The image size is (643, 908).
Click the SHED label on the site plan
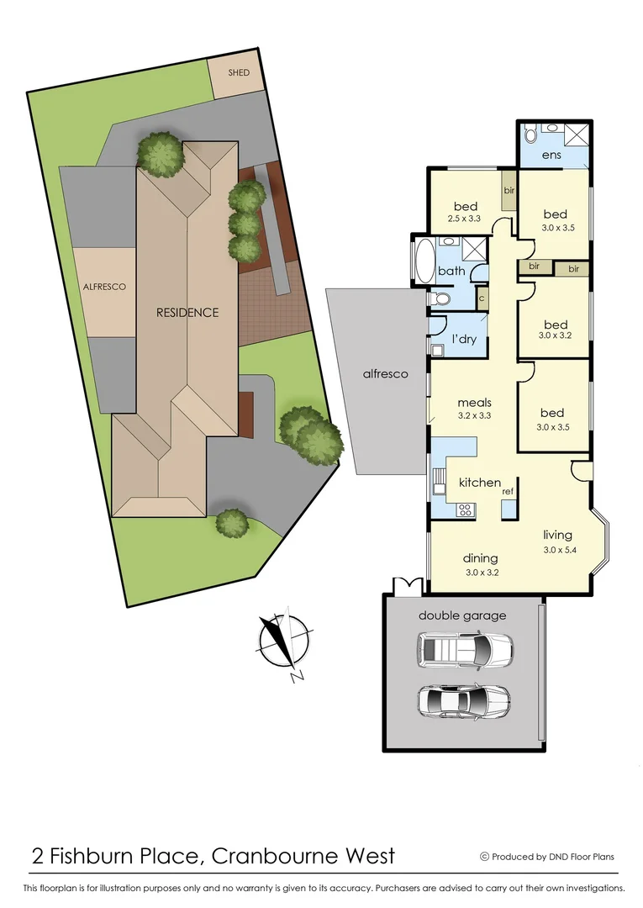[239, 73]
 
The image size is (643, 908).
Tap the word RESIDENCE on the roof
[187, 312]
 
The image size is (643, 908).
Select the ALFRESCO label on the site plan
[104, 287]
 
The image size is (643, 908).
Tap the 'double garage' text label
[462, 615]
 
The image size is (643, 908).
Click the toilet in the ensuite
[530, 135]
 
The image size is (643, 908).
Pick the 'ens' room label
[551, 155]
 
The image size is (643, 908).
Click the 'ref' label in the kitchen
[508, 491]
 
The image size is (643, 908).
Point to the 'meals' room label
[475, 402]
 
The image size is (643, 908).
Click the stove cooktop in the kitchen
[463, 509]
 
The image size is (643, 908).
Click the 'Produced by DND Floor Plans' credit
[547, 857]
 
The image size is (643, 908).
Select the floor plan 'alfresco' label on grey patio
[384, 373]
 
